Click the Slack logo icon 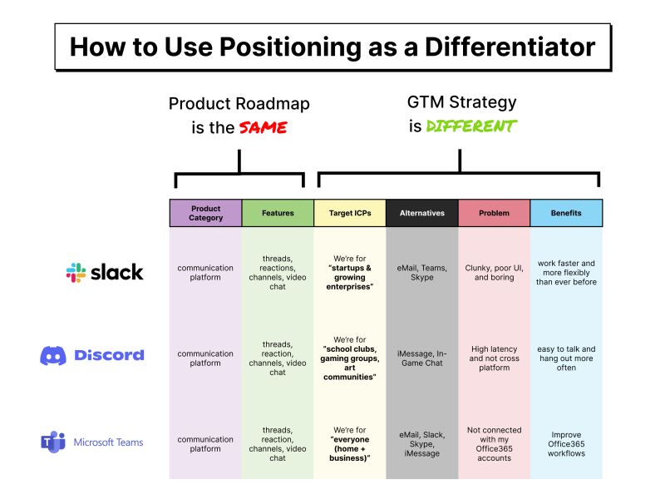pos(76,272)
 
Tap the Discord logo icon pos(53,355)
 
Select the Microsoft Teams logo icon pos(53,442)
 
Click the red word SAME pos(263,128)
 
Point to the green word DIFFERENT pos(470,126)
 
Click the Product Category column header pos(205,213)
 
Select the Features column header pos(278,213)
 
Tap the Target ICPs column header pos(349,213)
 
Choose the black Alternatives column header pos(421,213)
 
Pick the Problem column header pos(494,213)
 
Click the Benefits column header pos(566,213)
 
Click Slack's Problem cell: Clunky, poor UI pos(494,272)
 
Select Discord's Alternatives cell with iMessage pos(421,358)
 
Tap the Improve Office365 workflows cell pos(566,443)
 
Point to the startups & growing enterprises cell pos(349,272)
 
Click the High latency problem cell pos(494,358)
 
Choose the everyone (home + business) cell pos(349,443)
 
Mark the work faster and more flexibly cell pos(566,272)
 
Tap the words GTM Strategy pos(461,102)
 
